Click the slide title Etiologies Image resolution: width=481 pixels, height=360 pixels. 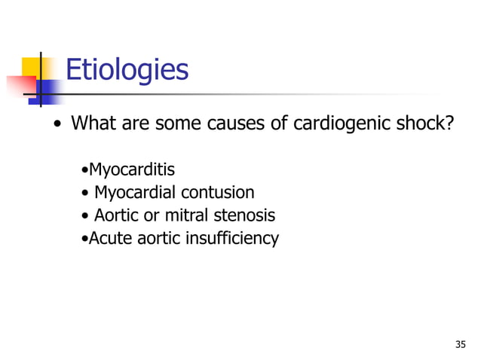pyautogui.click(x=127, y=70)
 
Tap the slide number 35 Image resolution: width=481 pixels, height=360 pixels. pyautogui.click(x=461, y=344)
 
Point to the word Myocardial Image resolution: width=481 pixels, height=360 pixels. pyautogui.click(x=137, y=192)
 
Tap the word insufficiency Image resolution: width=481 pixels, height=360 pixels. pyautogui.click(x=234, y=239)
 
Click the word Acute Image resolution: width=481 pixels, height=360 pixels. pyautogui.click(x=110, y=239)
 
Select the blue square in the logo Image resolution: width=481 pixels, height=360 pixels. pyautogui.click(x=47, y=93)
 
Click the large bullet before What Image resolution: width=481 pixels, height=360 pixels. pyautogui.click(x=57, y=124)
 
